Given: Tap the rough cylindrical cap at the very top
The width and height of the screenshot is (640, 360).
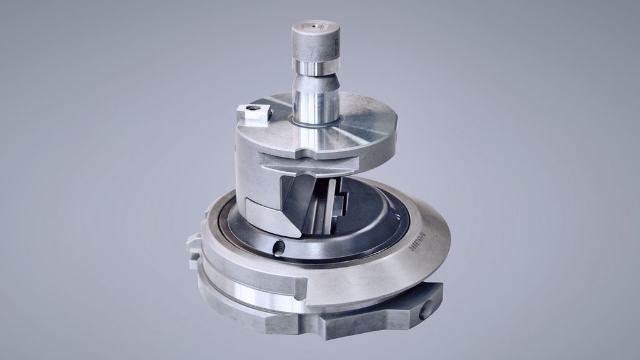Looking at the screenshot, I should pos(316,42).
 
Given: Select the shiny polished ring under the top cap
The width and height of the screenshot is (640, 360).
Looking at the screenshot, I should pos(316,67).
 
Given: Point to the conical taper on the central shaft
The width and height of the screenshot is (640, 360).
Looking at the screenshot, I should pos(316,81).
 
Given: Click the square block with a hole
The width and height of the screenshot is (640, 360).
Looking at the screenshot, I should pos(252,114).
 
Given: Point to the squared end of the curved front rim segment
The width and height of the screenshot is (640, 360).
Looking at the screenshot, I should pos(301,287).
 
